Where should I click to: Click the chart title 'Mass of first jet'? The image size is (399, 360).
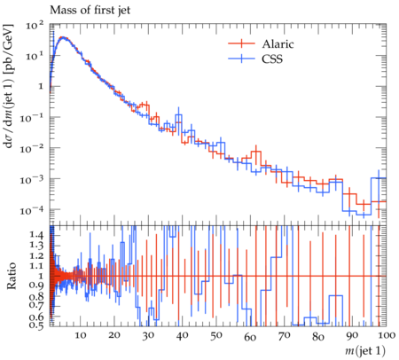pos(90,11)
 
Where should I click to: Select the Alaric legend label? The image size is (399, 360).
pos(278,44)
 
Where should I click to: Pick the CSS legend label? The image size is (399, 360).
pos(272,59)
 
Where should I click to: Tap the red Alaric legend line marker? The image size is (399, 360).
pos(241,43)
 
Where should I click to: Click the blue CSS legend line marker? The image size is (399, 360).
pos(241,59)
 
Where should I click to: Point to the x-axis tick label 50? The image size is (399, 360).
pos(216,336)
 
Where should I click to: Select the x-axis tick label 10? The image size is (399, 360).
pos(80,336)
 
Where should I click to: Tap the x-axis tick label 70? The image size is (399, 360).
pos(284,336)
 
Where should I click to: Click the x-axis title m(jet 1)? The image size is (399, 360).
pos(365,350)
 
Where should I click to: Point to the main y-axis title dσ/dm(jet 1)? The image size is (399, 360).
pos(8,86)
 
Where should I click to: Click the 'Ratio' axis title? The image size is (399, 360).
pos(12,276)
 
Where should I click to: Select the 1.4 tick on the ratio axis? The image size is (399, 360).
pos(36,235)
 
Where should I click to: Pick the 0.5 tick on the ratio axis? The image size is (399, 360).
pos(36,325)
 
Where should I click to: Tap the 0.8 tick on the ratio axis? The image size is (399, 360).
pos(36,296)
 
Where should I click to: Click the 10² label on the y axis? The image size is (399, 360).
pos(35,25)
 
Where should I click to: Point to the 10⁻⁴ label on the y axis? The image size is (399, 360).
pos(32,210)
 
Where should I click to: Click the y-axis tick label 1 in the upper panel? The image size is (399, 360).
pos(41,87)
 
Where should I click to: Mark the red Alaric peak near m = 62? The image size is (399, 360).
pos(256,152)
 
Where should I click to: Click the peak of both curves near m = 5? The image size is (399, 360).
pos(63,37)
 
